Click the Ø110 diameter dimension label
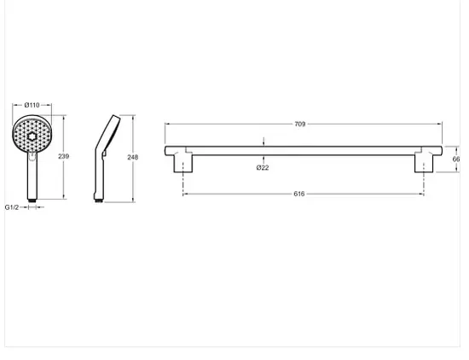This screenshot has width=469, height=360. (x=32, y=105)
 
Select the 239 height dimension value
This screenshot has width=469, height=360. (x=63, y=156)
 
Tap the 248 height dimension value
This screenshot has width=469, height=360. (x=132, y=157)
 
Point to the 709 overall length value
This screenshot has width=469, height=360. (x=300, y=124)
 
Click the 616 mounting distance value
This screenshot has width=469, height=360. (x=299, y=194)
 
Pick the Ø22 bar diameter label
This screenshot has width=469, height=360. (x=263, y=167)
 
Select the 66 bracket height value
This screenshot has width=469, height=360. (x=456, y=160)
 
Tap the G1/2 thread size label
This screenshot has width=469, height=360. (x=12, y=207)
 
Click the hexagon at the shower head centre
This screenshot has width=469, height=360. (x=32, y=136)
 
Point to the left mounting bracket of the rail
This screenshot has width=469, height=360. (x=183, y=161)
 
